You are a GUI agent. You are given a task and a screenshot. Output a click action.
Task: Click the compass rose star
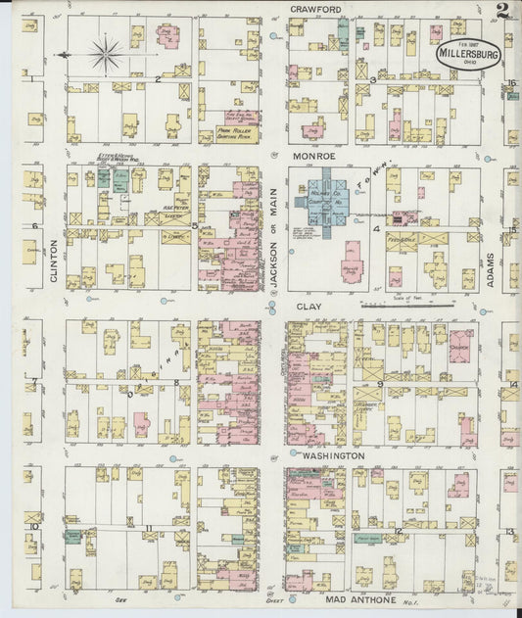(x=106, y=53)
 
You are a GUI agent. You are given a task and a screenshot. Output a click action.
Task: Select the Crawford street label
(x=314, y=9)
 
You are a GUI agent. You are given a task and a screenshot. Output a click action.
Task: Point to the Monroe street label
(x=311, y=156)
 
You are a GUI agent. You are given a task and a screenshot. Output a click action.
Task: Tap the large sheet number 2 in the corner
(x=501, y=12)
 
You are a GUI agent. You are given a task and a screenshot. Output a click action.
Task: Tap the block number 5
(x=195, y=226)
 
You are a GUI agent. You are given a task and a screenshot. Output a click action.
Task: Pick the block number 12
(x=399, y=531)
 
